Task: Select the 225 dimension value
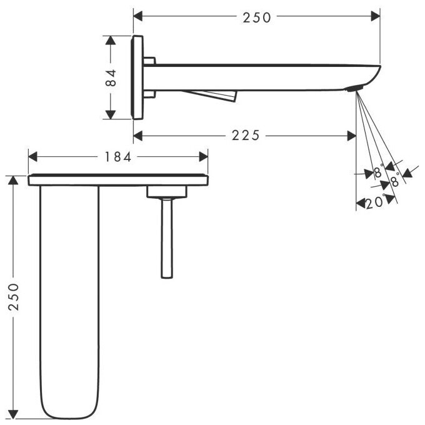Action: [x=244, y=135]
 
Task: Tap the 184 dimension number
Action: [x=118, y=157]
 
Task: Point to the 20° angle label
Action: [x=375, y=202]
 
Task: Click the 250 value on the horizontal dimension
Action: [x=257, y=17]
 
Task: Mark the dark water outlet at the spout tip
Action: [x=354, y=89]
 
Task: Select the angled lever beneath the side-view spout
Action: [x=212, y=94]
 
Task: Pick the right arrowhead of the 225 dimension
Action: [x=352, y=135]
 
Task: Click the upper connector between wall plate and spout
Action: [x=149, y=61]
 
